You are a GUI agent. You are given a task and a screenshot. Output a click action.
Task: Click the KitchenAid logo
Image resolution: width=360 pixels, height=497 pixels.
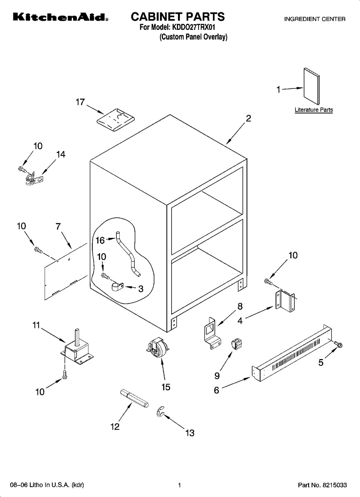point(60,17)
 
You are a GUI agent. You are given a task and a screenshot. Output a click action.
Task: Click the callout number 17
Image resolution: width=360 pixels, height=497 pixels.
point(80,102)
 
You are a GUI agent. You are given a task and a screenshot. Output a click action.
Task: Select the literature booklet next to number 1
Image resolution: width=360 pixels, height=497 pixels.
point(312,86)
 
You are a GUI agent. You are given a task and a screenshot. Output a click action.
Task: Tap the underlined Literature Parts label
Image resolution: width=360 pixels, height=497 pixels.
point(314,110)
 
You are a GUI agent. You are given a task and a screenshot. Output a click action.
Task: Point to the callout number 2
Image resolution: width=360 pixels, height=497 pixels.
point(248,119)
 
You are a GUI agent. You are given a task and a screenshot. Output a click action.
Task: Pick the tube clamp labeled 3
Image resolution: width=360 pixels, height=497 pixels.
point(117,286)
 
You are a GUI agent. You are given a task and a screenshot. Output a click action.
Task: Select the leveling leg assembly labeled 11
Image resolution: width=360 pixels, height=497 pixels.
point(77,350)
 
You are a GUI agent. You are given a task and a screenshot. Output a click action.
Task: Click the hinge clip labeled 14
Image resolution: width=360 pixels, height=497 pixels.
point(35,178)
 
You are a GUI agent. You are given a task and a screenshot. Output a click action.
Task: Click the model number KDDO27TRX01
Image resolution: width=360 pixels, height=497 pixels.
point(192,28)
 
